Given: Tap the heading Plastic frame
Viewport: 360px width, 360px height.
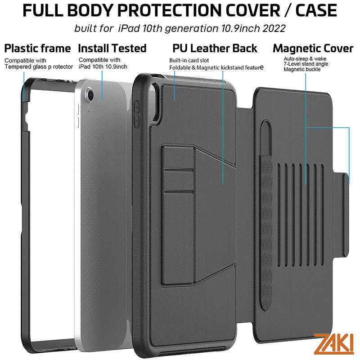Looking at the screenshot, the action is pos(38,48).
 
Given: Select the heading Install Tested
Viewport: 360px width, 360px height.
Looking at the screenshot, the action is pos(112,48).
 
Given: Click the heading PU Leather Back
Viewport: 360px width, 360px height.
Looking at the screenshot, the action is pos(215,48).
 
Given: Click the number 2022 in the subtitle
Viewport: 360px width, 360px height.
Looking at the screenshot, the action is pos(273,28).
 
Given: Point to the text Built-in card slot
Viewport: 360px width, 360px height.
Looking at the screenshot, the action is pos(189,60).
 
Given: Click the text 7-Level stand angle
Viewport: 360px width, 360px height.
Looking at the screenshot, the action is pos(306,64).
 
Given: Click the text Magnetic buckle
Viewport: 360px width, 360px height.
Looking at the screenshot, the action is pos(302,69).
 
